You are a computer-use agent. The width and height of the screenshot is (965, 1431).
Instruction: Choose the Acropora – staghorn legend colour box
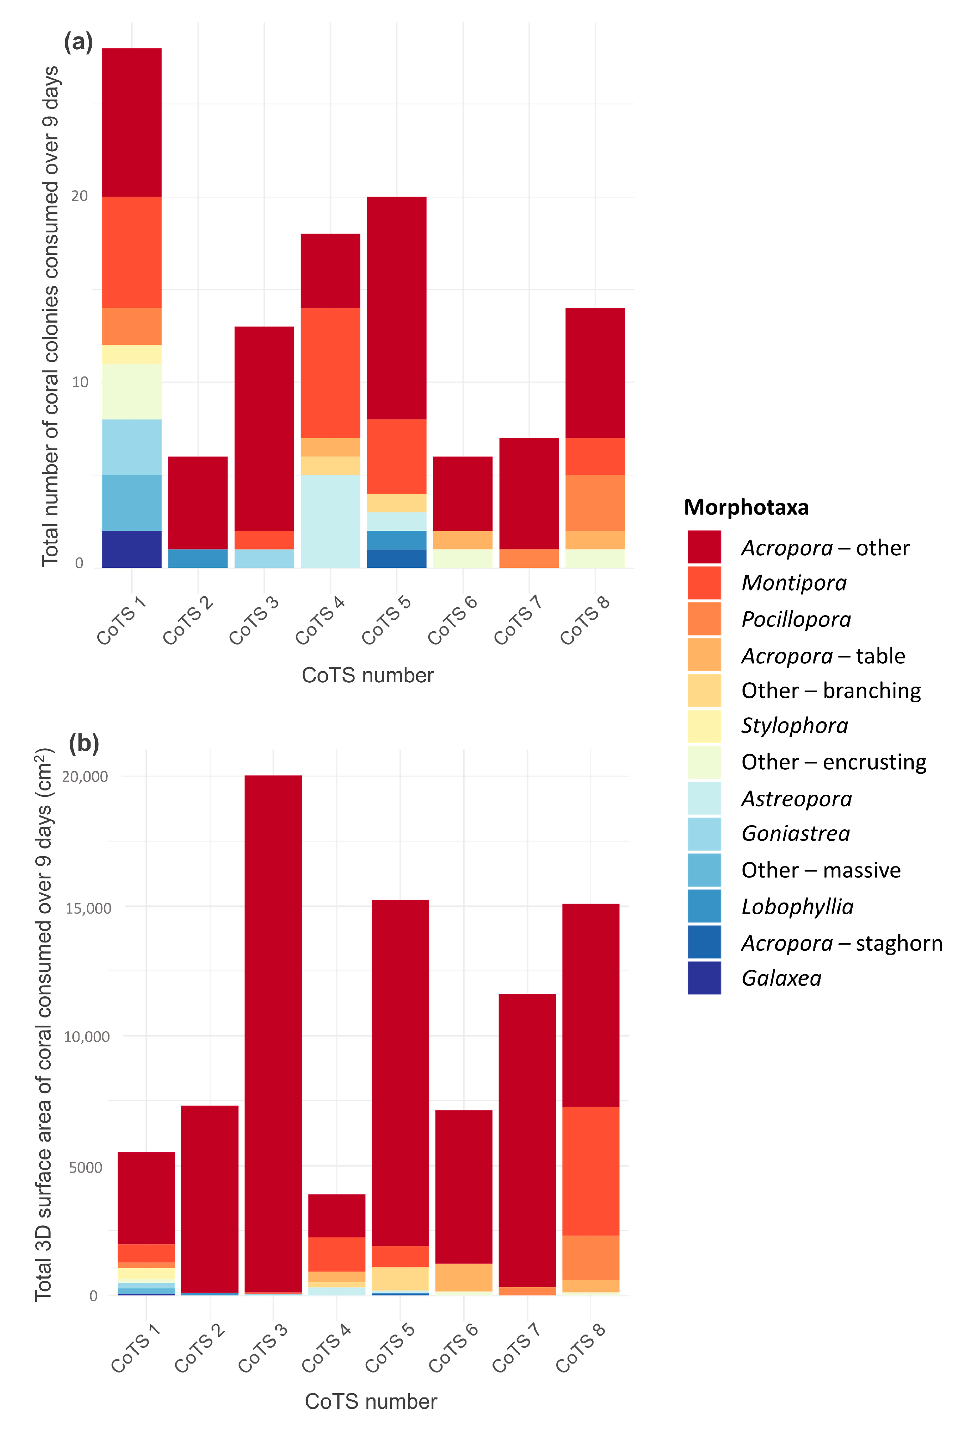704,942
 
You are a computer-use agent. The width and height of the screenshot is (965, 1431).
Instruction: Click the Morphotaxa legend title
746,507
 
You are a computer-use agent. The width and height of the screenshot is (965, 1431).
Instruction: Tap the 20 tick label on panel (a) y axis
80,196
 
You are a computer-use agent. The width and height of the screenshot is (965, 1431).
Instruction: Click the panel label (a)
78,42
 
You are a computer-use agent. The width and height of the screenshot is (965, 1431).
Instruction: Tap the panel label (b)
84,743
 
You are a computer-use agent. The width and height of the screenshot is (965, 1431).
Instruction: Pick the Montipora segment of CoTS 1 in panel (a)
132,252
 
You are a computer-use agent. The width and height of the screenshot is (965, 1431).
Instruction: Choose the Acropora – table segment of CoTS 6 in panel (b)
464,1278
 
